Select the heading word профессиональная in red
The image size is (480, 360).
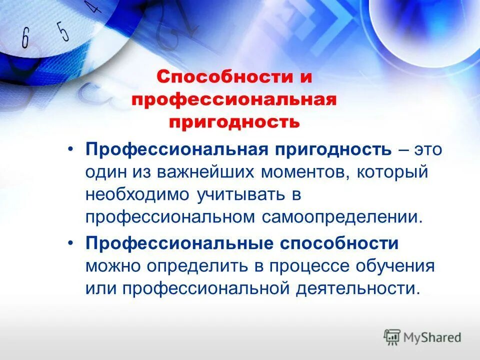pyautogui.click(x=233, y=100)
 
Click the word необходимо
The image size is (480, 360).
pyautogui.click(x=134, y=195)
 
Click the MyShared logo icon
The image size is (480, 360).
pyautogui.click(x=392, y=337)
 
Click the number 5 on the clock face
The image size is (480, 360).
pyautogui.click(x=62, y=31)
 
